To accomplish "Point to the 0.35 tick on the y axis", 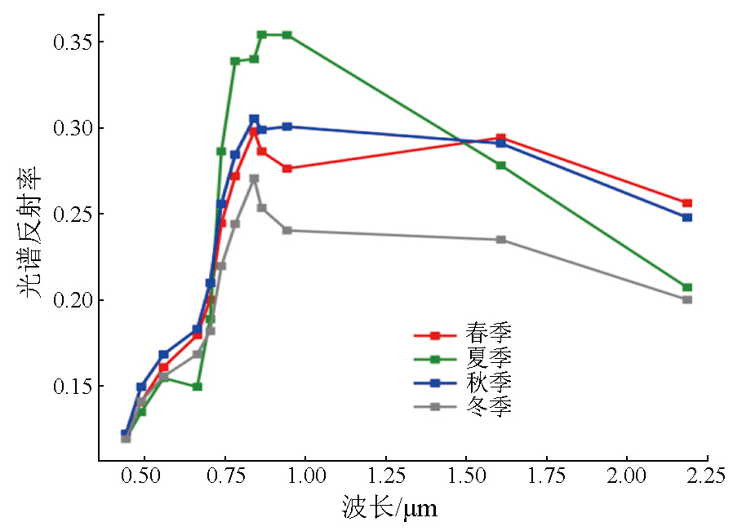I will pyautogui.click(x=62, y=42).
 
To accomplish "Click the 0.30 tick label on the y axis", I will pyautogui.click(x=62, y=129).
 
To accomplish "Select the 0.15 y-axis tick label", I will pyautogui.click(x=62, y=386).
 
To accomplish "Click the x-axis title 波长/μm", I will pyautogui.click(x=389, y=510).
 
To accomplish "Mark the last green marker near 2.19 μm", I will pyautogui.click(x=687, y=287).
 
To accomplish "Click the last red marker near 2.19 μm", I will pyautogui.click(x=687, y=203).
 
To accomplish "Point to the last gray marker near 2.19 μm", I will pyautogui.click(x=687, y=299).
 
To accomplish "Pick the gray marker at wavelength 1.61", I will pyautogui.click(x=501, y=240).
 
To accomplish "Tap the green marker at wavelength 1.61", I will pyautogui.click(x=501, y=166).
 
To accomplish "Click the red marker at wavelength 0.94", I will pyautogui.click(x=287, y=169).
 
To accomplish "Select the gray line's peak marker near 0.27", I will pyautogui.click(x=254, y=179).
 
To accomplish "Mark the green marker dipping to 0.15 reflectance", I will pyautogui.click(x=198, y=387).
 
